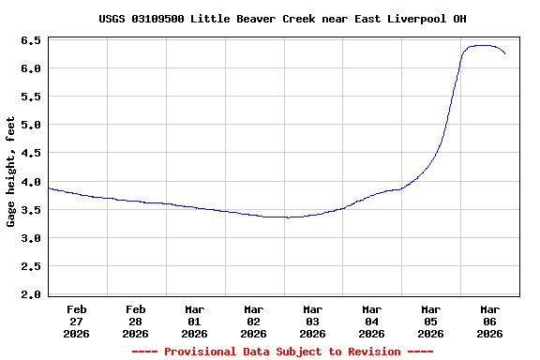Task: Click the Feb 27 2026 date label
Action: [77, 321]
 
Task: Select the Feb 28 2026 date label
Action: [136, 321]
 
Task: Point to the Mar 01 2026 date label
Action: [195, 321]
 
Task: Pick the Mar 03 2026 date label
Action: [313, 321]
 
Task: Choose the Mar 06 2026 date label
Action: [490, 321]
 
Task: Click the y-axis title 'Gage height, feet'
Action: [11, 172]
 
